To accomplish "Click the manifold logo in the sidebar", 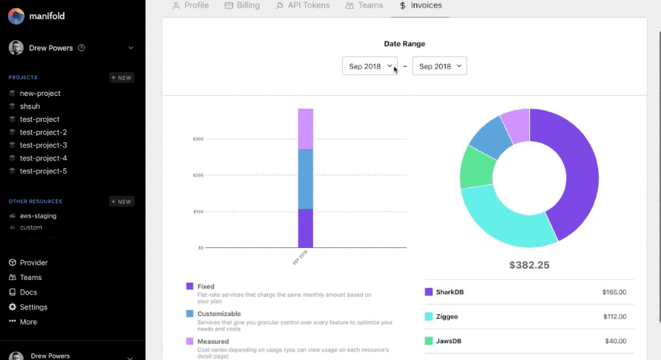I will [x=17, y=16].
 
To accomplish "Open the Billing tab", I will [x=243, y=5].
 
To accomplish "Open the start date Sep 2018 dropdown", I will [x=370, y=66].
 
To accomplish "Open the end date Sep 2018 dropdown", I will [x=439, y=66].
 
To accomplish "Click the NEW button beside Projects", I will [x=122, y=77].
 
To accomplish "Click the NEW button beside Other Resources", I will [x=122, y=201].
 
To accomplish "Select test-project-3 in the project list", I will [x=43, y=145].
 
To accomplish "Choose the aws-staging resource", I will [x=38, y=216].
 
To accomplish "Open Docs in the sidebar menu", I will [x=28, y=292].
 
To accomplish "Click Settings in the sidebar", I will [x=33, y=307].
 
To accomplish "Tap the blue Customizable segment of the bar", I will [x=305, y=179].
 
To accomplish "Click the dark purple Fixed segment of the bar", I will [x=305, y=228].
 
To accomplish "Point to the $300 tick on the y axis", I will [x=199, y=139].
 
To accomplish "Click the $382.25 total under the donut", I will [x=529, y=265].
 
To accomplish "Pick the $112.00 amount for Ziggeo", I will [x=613, y=317].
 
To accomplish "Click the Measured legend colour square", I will [x=190, y=341].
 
